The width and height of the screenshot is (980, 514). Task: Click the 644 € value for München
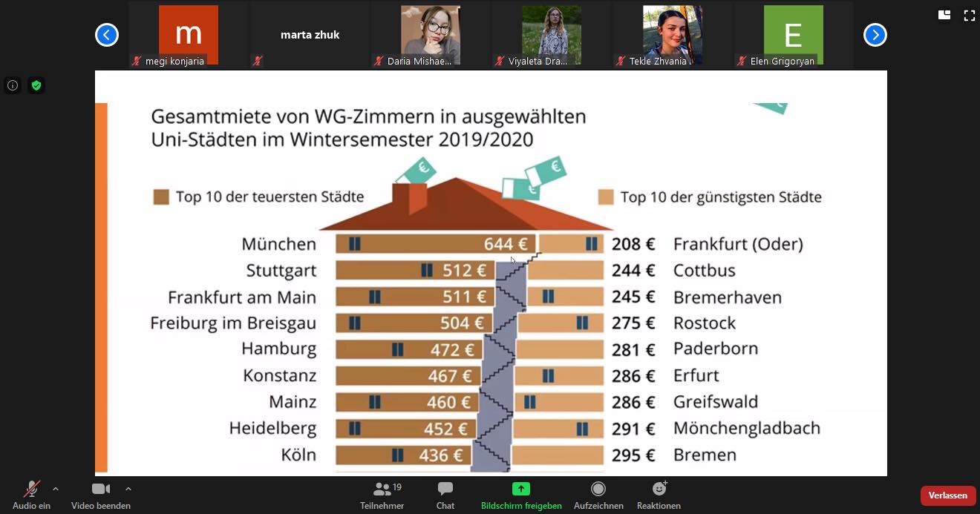pos(506,244)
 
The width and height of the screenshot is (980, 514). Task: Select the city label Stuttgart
pos(281,271)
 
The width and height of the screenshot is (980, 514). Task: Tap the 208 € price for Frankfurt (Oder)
pos(633,244)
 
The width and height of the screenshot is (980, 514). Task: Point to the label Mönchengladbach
pos(746,428)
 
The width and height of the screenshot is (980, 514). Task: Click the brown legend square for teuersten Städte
pos(161,197)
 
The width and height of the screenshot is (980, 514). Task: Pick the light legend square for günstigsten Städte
pos(606,197)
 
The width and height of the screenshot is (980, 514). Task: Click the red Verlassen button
pos(947,495)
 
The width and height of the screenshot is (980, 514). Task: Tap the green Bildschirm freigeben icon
pos(521,489)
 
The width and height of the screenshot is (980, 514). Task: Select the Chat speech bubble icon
pos(445,489)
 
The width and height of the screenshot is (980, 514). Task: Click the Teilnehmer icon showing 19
pos(382,489)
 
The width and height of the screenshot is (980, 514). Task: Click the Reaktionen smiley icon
pos(659,489)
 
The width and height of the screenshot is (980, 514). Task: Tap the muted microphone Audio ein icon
pos(31,489)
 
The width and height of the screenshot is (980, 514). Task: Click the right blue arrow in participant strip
pos(875,35)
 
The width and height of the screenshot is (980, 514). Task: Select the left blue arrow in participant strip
pos(107,35)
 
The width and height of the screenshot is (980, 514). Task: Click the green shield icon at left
pos(36,85)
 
